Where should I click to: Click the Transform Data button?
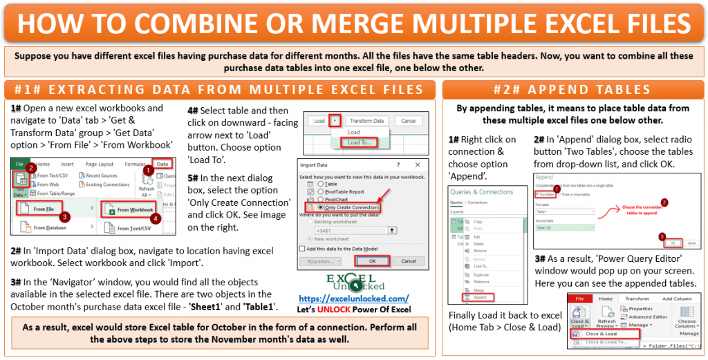[x=366, y=121]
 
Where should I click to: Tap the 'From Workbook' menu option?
[x=134, y=209]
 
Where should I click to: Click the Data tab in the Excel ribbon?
[x=162, y=164]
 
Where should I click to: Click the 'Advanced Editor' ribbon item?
[x=649, y=316]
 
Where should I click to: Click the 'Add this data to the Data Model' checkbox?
[x=303, y=248]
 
